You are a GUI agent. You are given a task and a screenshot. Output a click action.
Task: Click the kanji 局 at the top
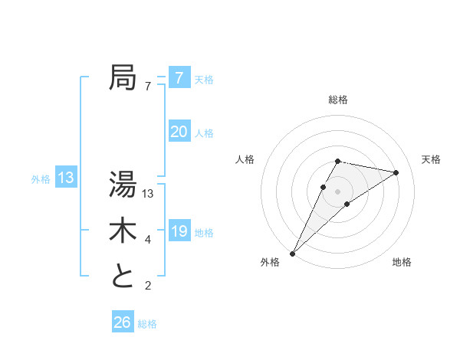tap(123, 78)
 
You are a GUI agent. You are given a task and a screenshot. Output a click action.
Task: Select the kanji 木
tap(123, 231)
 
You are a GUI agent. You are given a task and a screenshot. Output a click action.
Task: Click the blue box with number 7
tap(179, 78)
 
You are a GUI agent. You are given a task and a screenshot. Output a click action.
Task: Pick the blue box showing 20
tap(179, 132)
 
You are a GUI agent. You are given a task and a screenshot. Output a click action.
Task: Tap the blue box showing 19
tap(179, 231)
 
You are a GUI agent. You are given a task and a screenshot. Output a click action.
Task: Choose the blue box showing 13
tap(66, 178)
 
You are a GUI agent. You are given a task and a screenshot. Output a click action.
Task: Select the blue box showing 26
tap(122, 322)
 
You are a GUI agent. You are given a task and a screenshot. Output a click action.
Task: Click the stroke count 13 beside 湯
tap(149, 193)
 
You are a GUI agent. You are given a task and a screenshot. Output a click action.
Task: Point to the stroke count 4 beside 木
tap(147, 240)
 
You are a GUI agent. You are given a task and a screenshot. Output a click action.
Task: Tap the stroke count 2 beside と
tap(147, 286)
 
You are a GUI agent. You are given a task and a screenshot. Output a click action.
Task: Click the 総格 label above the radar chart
tap(338, 100)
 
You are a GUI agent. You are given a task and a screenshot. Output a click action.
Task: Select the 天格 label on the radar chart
tap(431, 159)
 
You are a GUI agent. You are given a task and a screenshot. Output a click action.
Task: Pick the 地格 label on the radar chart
tap(402, 262)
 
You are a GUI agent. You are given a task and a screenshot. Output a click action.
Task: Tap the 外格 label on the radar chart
tap(270, 262)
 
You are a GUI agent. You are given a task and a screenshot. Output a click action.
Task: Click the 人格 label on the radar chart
tap(245, 159)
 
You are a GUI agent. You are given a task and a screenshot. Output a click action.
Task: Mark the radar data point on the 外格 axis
tap(293, 253)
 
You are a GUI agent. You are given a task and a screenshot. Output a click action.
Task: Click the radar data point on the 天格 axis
tap(396, 172)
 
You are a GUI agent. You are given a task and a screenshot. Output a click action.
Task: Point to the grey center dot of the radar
tap(338, 191)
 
